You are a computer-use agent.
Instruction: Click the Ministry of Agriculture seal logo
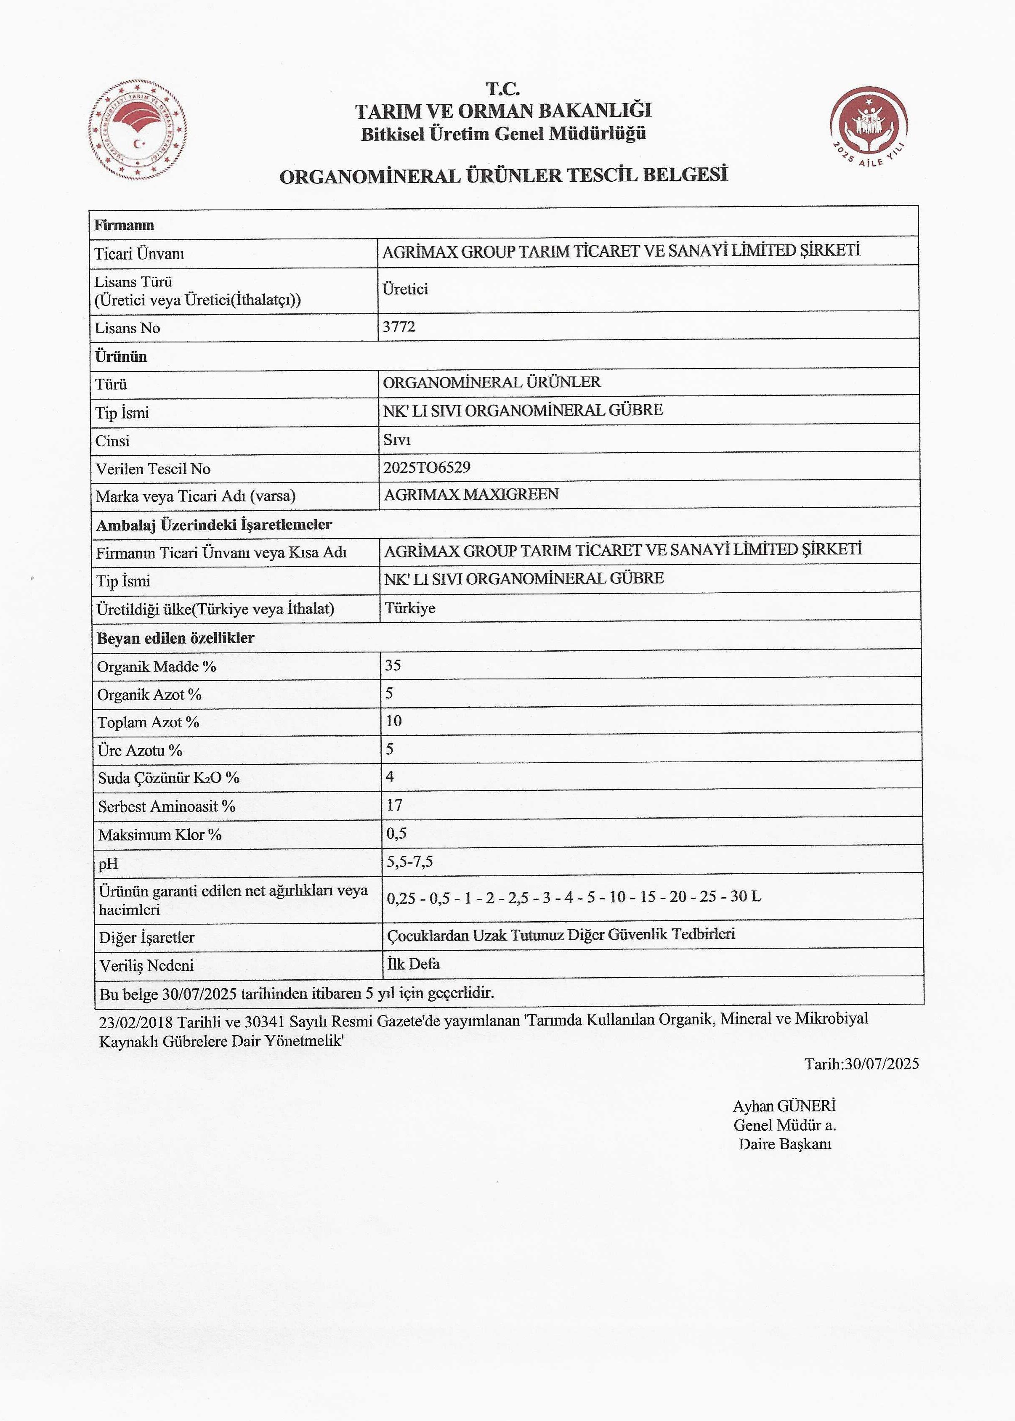tap(138, 130)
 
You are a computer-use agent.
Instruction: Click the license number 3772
tap(399, 327)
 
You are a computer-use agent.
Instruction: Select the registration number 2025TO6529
tap(427, 467)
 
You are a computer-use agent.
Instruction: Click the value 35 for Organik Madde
tap(393, 665)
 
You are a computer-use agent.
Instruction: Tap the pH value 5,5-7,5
tap(410, 862)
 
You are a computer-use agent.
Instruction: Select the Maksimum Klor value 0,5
tap(397, 833)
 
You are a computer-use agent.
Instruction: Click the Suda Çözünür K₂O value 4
tap(390, 777)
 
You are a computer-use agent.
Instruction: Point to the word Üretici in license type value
tap(405, 289)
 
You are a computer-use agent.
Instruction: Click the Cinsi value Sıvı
tap(397, 440)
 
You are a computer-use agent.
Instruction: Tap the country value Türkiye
tap(410, 608)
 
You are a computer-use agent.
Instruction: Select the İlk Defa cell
tap(414, 964)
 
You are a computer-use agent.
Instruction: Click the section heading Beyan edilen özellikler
tap(175, 638)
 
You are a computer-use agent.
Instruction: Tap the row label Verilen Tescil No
tap(153, 469)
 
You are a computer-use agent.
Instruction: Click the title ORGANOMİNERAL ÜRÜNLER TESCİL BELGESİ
tap(504, 175)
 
